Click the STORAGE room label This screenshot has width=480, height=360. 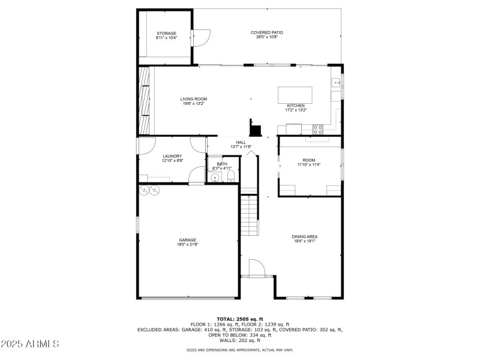coord(166,33)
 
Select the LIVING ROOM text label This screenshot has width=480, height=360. coord(194,99)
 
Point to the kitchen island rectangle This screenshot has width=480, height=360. coord(295,95)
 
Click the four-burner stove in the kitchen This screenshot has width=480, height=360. coord(318,128)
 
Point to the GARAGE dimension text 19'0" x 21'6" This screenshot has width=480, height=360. coord(187,244)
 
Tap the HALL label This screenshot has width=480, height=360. coord(241,142)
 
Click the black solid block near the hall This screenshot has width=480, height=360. coord(256,128)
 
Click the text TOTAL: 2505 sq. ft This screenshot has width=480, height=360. coord(240,319)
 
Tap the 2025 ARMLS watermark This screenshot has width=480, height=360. coord(30,344)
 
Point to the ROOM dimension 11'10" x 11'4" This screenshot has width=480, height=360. coord(308,165)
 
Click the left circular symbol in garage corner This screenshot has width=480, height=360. coord(143,190)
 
